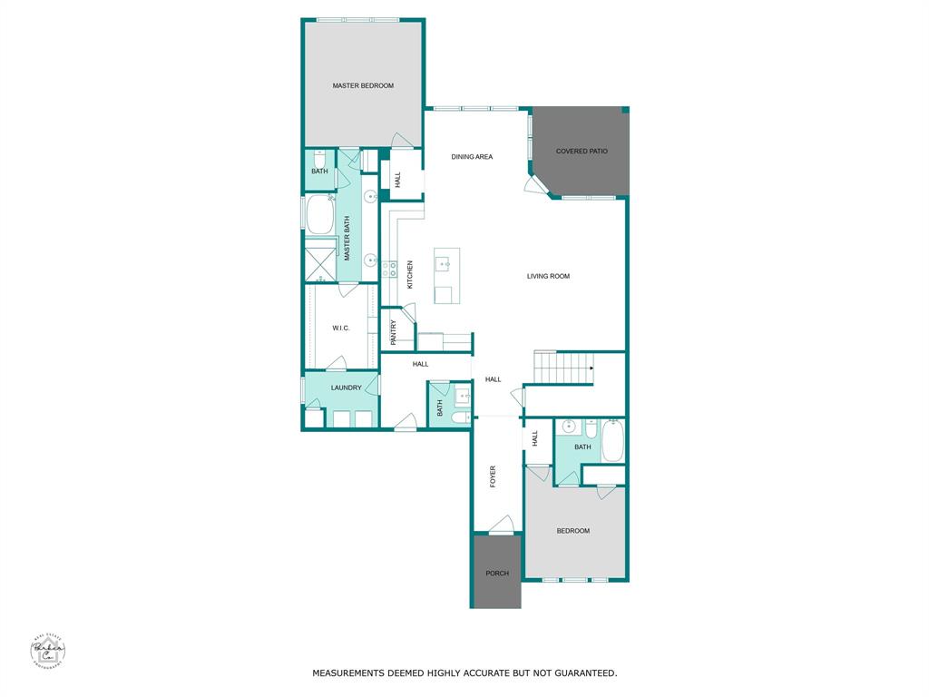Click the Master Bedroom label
click(363, 85)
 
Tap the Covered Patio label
click(582, 152)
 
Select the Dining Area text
click(472, 157)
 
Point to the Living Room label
click(548, 276)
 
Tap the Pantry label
click(394, 332)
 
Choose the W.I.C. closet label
click(341, 328)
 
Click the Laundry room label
click(346, 388)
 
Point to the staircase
click(562, 368)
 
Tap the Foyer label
click(494, 476)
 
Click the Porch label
click(496, 573)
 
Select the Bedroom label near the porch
click(572, 531)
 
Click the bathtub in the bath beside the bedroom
click(612, 440)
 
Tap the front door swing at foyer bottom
click(502, 524)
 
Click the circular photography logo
click(47, 650)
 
